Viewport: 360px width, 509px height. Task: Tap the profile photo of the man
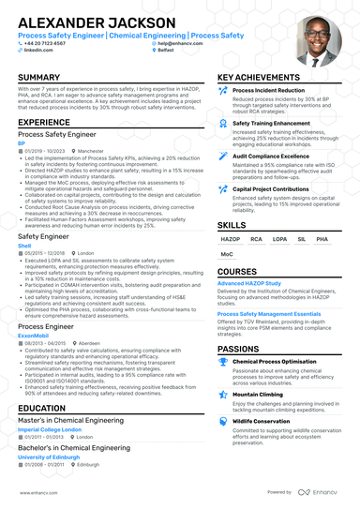pyautogui.click(x=317, y=40)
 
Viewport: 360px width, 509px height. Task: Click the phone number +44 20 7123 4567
pyautogui.click(x=45, y=43)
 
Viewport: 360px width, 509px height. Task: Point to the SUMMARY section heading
pyautogui.click(x=39, y=77)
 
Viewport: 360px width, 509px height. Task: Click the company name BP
pyautogui.click(x=22, y=142)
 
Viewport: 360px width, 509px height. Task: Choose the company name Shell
pyautogui.click(x=24, y=247)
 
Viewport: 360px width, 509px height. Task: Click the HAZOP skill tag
pyautogui.click(x=231, y=239)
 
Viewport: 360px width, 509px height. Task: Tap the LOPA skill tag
pyautogui.click(x=278, y=239)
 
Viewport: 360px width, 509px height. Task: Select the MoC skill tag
pyautogui.click(x=227, y=254)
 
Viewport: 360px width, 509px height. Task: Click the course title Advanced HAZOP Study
pyautogui.click(x=248, y=282)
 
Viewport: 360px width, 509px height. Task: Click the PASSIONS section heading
pyautogui.click(x=238, y=348)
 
